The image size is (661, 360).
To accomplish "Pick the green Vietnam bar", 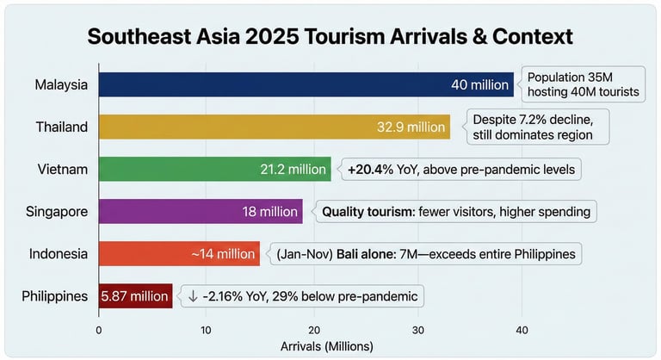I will point(214,169).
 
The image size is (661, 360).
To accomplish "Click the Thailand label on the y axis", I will point(62,127).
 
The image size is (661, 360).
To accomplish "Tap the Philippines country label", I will point(55,296).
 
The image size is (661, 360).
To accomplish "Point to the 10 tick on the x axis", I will point(206,330).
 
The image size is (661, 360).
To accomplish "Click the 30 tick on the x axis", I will point(418,330).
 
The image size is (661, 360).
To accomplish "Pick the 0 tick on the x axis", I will point(99,330).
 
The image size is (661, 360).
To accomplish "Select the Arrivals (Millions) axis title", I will point(328,346).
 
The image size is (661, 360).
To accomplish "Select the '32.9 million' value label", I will point(411,127).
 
